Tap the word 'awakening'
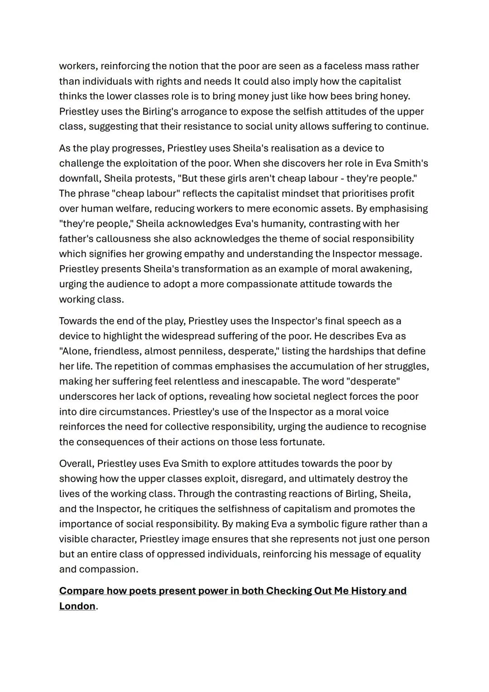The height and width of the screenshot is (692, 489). pyautogui.click(x=386, y=269)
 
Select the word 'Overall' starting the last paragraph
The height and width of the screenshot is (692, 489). pyautogui.click(x=76, y=464)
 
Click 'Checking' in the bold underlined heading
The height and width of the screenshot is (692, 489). pyautogui.click(x=288, y=591)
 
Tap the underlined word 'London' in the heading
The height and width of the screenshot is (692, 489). pyautogui.click(x=77, y=606)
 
